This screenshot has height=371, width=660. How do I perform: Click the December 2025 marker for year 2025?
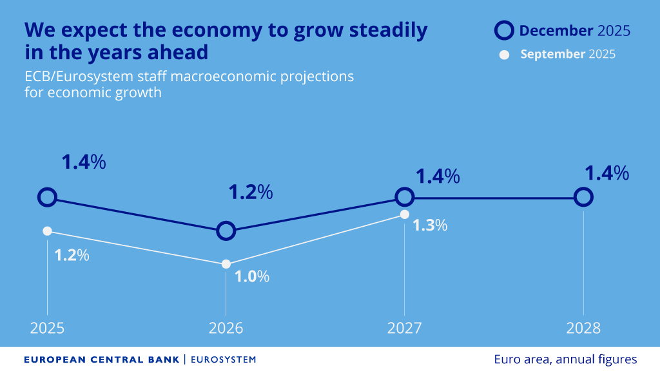[47, 197]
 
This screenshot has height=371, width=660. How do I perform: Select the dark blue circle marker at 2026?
[226, 231]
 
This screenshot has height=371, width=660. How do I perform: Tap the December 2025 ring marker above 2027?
[404, 197]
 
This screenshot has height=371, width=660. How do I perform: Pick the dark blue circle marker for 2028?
[583, 197]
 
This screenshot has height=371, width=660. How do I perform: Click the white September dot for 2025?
[47, 231]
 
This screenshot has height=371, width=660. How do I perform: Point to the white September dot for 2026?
[226, 264]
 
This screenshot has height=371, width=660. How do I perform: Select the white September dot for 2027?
[404, 214]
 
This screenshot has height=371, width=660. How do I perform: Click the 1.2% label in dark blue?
[251, 192]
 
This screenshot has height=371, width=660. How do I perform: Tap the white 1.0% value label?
[252, 277]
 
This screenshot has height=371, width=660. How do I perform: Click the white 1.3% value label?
[430, 225]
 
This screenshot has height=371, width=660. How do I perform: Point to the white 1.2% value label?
[72, 255]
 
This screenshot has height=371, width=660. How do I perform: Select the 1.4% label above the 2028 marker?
[607, 173]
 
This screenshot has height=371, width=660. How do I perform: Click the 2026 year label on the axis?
[226, 328]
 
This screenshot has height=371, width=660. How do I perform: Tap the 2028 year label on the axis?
[583, 328]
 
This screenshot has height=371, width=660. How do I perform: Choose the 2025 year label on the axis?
[47, 328]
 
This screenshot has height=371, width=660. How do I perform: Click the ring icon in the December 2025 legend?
[504, 30]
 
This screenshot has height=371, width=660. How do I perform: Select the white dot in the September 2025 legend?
[505, 54]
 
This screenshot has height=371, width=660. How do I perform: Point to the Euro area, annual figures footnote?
[565, 359]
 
